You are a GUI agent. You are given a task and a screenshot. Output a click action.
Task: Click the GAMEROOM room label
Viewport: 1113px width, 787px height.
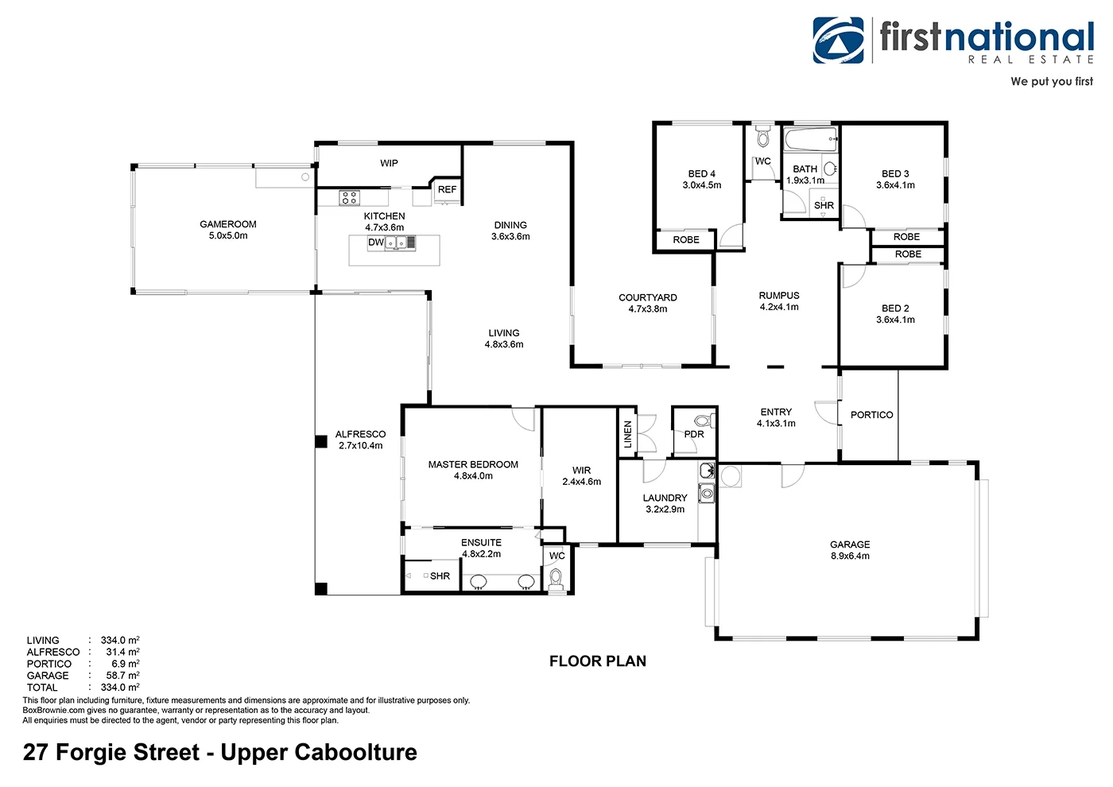point(228,224)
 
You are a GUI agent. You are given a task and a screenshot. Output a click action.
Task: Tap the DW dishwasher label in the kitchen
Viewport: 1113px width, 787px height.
point(376,242)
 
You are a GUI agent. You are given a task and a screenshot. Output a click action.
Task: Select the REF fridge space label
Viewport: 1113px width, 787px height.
point(447,189)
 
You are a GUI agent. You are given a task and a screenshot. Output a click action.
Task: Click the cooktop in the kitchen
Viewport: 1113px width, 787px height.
point(349,197)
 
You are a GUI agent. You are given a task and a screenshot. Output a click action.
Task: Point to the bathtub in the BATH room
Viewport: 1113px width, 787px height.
point(810,141)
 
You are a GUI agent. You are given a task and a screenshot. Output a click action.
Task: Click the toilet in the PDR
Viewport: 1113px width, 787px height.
point(702,421)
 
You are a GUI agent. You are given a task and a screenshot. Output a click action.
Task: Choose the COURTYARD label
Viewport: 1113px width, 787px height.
point(648,297)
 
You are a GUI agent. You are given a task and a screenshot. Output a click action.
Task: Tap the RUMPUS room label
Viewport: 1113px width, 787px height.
point(779,295)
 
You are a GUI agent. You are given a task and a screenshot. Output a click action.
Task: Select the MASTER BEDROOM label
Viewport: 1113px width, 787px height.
point(473,464)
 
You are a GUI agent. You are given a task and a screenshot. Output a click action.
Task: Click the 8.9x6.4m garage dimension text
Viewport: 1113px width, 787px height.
point(850,556)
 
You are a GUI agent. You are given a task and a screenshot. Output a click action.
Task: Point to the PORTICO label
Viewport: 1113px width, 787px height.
point(871,415)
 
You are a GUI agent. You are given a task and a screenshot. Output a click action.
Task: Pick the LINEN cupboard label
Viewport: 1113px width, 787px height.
point(628,434)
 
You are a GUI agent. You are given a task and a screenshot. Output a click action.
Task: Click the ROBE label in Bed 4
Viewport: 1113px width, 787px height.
point(686,239)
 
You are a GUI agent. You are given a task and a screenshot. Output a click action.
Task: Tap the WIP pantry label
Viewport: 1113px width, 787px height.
point(389,163)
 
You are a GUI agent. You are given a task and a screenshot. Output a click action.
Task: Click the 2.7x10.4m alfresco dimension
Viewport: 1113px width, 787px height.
point(361,446)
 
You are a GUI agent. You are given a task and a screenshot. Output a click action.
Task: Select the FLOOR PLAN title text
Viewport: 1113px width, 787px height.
point(598,661)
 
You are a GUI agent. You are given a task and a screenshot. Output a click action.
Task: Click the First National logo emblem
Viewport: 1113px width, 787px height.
point(838,41)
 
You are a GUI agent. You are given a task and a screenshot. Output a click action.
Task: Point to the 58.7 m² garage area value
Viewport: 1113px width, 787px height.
point(122,676)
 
